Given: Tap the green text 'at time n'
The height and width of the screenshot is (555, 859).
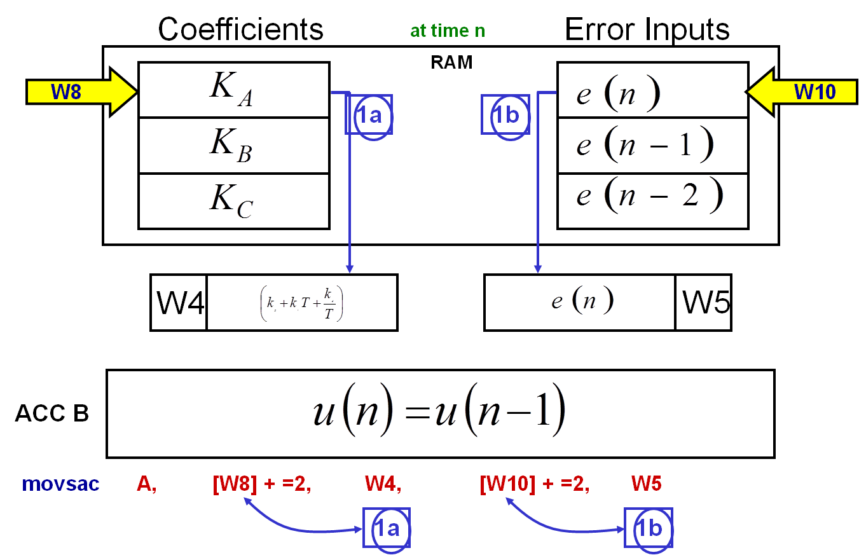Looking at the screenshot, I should pyautogui.click(x=448, y=31).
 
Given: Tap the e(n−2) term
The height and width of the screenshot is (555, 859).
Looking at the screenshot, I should pyautogui.click(x=649, y=195).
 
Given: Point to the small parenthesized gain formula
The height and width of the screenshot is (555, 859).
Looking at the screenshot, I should pyautogui.click(x=302, y=304).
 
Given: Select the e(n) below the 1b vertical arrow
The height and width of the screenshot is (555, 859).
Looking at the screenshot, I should pyautogui.click(x=582, y=300).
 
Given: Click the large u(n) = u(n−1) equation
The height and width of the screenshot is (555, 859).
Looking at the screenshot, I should pyautogui.click(x=439, y=409).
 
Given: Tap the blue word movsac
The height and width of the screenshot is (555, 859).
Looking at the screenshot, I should pyautogui.click(x=60, y=484).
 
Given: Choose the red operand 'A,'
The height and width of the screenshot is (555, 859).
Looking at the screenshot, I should pyautogui.click(x=146, y=484).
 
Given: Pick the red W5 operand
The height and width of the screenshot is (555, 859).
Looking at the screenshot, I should pyautogui.click(x=646, y=484).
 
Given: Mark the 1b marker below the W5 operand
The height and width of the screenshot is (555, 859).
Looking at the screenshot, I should pyautogui.click(x=649, y=528).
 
